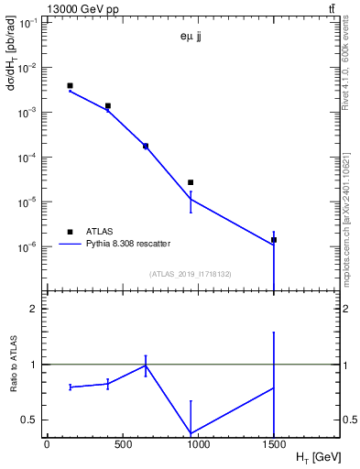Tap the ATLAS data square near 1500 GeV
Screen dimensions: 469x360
pos(274,240)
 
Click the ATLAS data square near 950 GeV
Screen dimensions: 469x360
pos(191,182)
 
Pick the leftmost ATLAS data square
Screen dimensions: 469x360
pos(70,86)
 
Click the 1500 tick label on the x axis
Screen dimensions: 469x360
pos(274,443)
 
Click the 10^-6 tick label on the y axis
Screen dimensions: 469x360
pos(29,247)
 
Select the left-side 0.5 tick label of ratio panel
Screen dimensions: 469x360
pos(33,420)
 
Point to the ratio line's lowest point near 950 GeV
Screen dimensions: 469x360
pos(191,433)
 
